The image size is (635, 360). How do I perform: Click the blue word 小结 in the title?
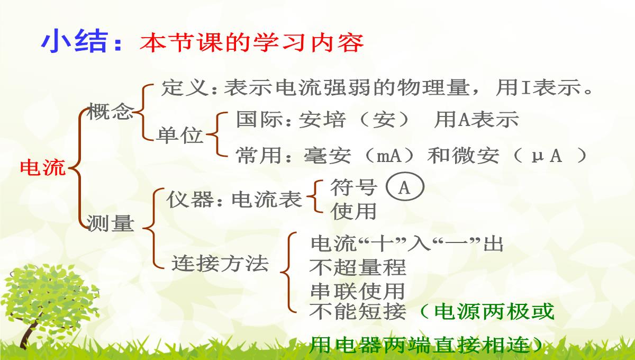(74, 41)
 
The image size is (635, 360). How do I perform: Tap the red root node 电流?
(43, 168)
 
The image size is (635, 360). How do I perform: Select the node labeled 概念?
(110, 111)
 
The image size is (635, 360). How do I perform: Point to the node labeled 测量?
(110, 223)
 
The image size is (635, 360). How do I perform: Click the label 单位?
(180, 135)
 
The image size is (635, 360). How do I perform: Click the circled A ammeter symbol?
(405, 187)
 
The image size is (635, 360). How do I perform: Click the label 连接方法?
(220, 263)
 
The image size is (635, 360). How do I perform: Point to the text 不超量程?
(358, 267)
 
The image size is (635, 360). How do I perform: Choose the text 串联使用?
(358, 291)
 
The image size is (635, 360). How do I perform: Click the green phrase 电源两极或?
(494, 311)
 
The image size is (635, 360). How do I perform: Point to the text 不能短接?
(358, 311)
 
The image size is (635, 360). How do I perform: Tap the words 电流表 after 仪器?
(267, 200)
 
